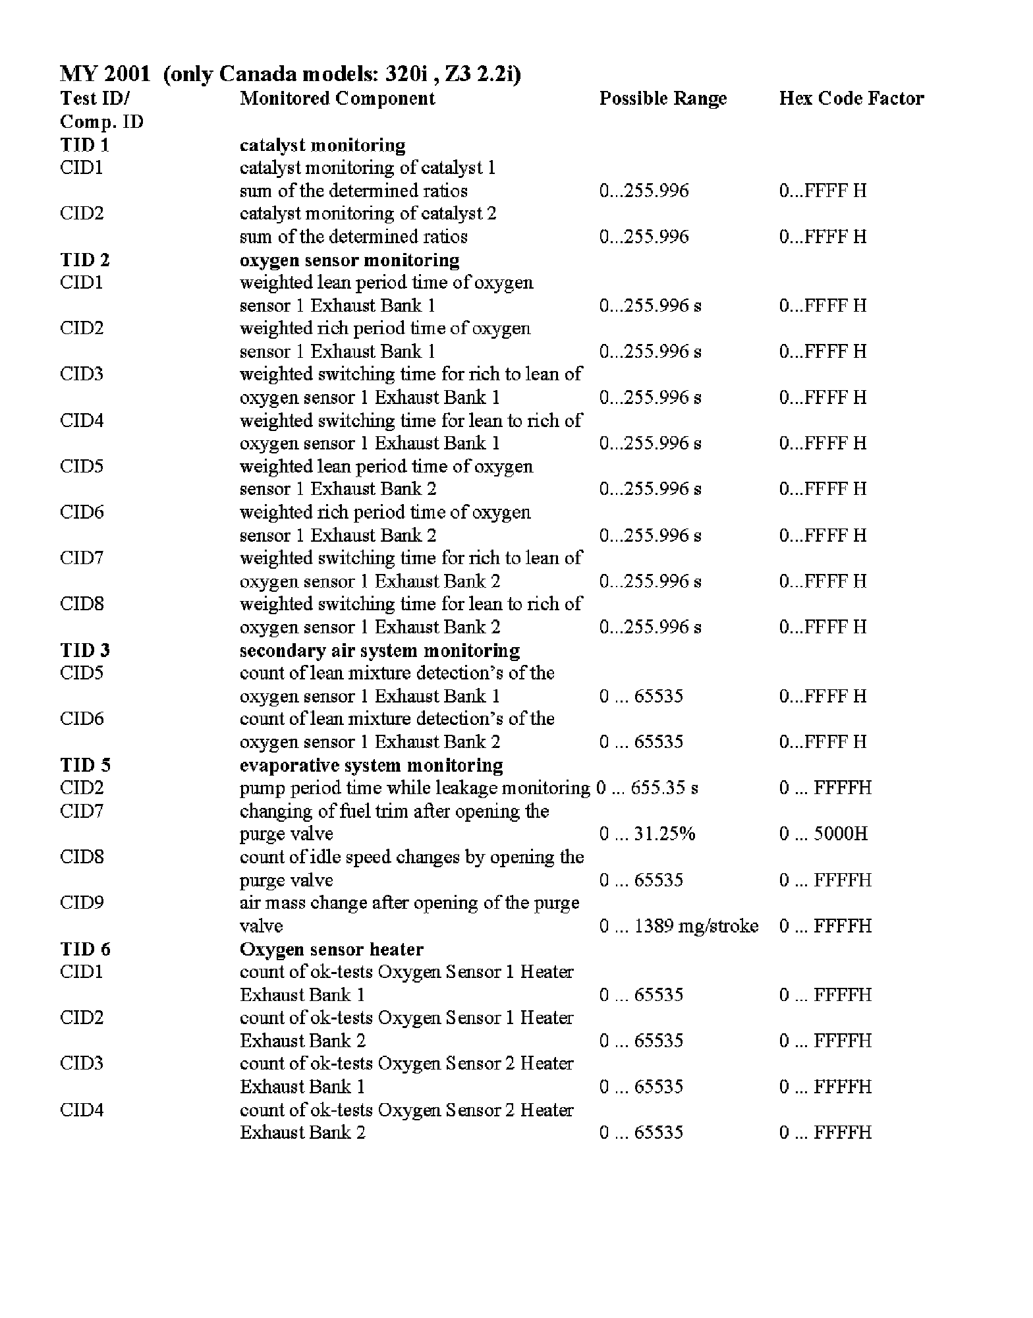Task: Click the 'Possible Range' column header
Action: click(663, 99)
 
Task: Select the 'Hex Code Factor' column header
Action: click(851, 99)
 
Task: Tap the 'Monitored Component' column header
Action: click(337, 99)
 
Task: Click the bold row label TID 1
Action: click(84, 145)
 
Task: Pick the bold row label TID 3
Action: click(85, 650)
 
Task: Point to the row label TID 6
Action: click(85, 949)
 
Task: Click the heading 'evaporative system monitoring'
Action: click(372, 765)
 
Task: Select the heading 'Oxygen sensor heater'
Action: click(331, 949)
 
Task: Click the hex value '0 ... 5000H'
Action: click(824, 834)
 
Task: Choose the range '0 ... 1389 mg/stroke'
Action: click(679, 926)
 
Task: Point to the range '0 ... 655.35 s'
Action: click(647, 788)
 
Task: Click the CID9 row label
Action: click(82, 903)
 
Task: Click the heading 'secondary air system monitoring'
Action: click(379, 650)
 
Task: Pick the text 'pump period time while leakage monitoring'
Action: click(415, 788)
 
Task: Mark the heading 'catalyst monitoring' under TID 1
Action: click(322, 145)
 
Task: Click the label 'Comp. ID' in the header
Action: click(101, 122)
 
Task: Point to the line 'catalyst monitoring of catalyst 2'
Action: click(368, 214)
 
